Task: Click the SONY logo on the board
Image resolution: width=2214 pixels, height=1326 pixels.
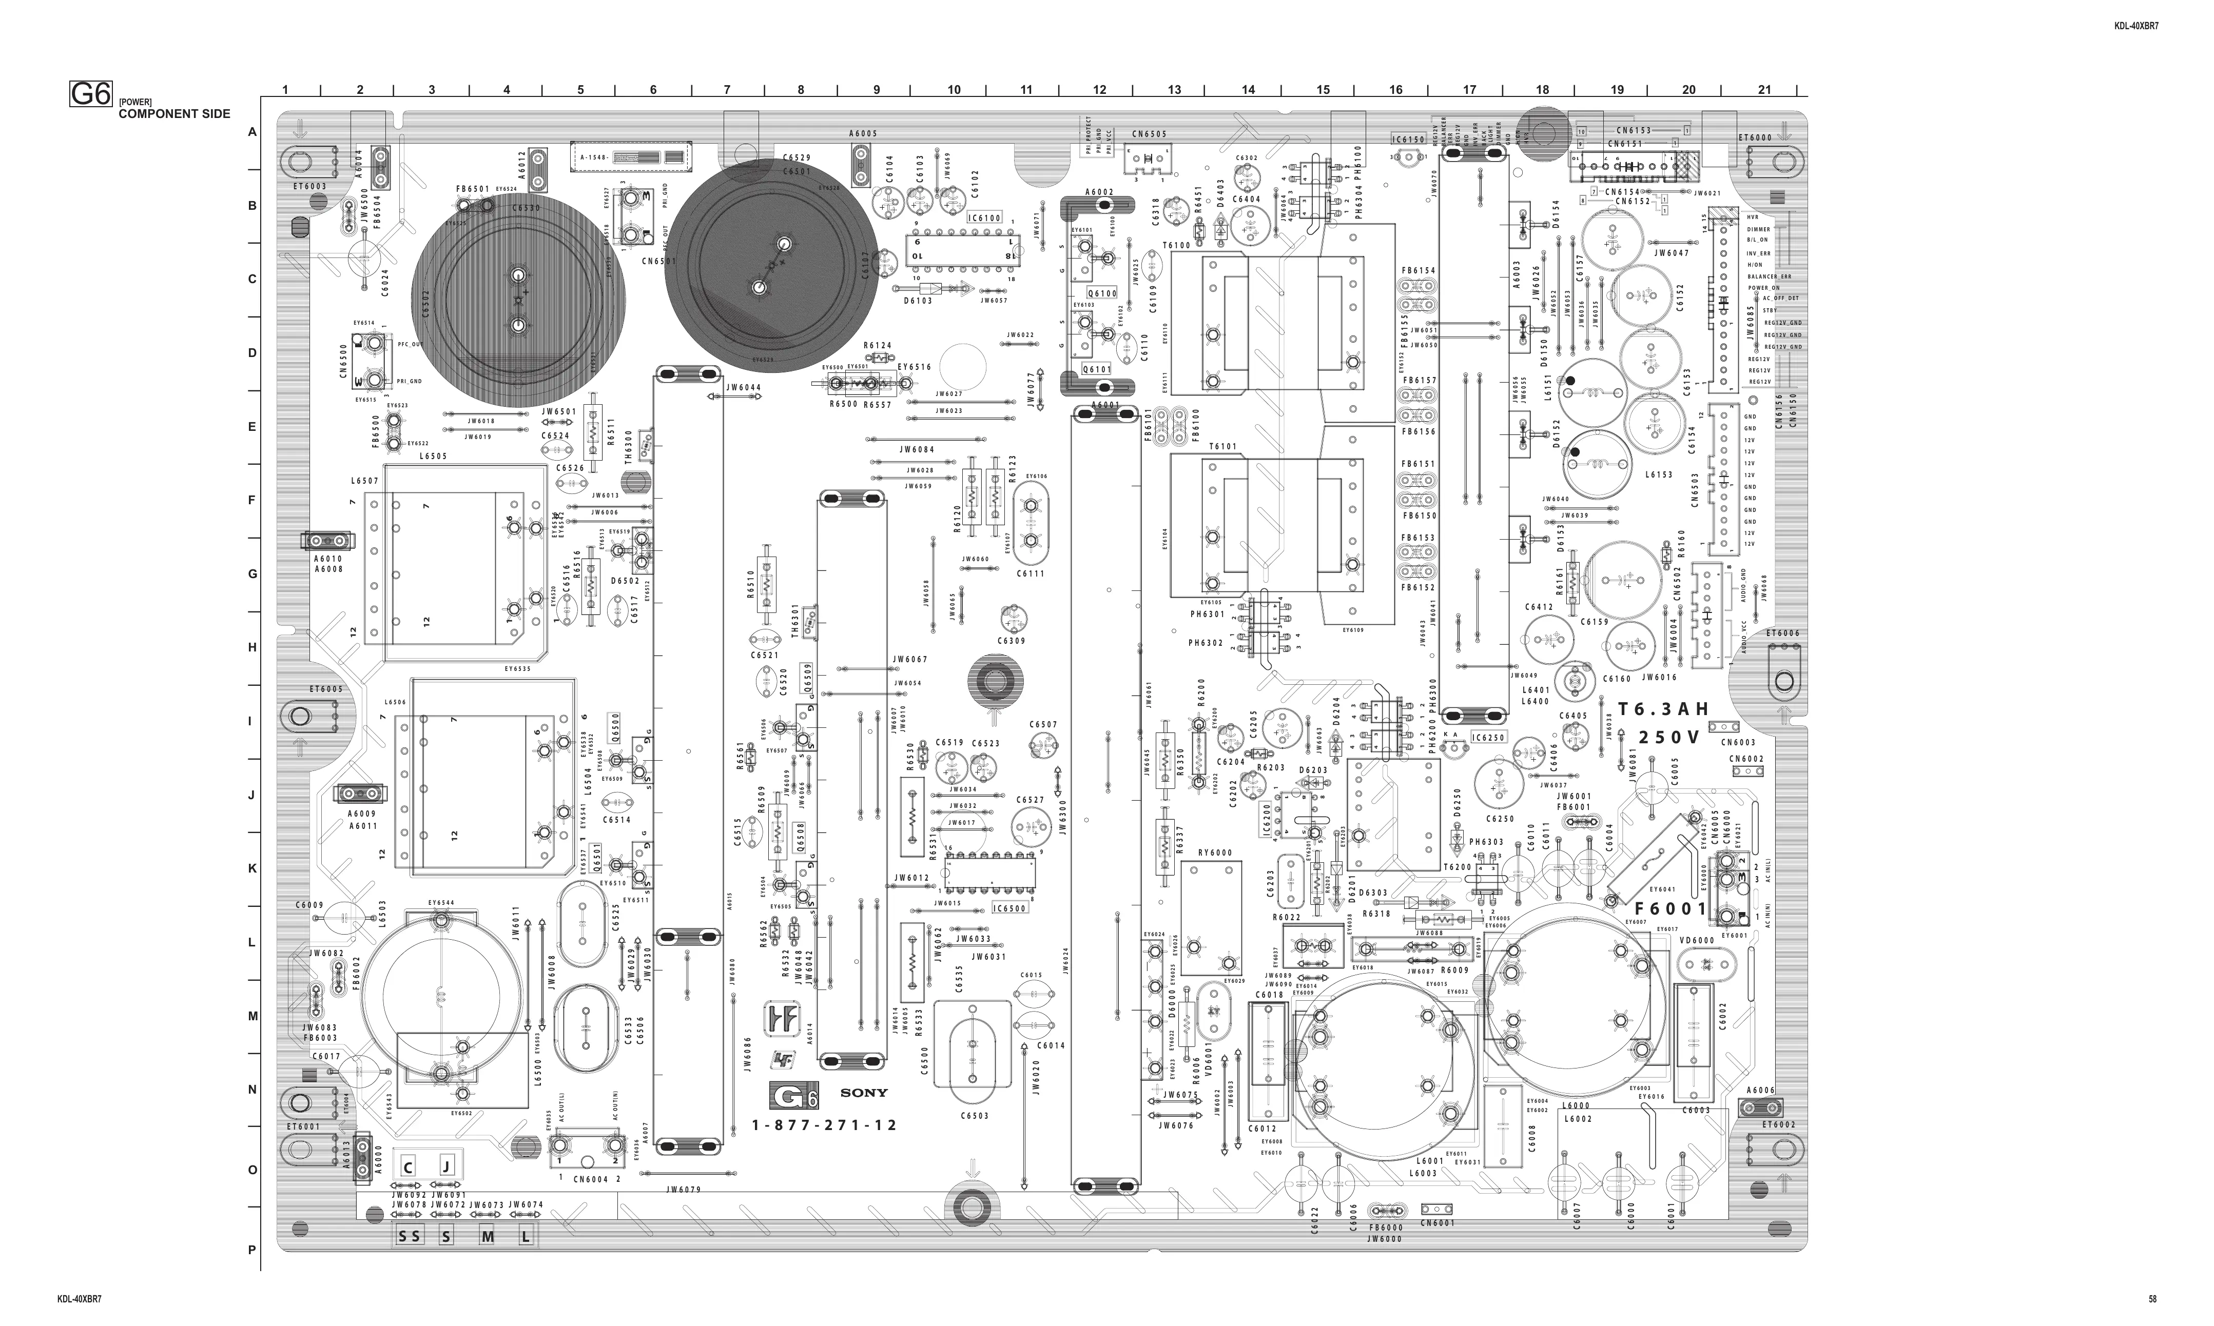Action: (863, 1092)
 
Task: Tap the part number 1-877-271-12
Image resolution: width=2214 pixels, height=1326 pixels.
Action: (824, 1125)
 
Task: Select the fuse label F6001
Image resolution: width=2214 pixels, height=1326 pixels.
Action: (1672, 909)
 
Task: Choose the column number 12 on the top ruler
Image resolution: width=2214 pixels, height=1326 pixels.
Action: (1099, 89)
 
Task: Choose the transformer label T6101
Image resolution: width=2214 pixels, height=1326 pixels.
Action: (1223, 447)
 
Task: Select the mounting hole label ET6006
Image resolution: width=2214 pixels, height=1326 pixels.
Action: (1782, 634)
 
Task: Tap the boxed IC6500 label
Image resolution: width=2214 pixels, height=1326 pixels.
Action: (1010, 909)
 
